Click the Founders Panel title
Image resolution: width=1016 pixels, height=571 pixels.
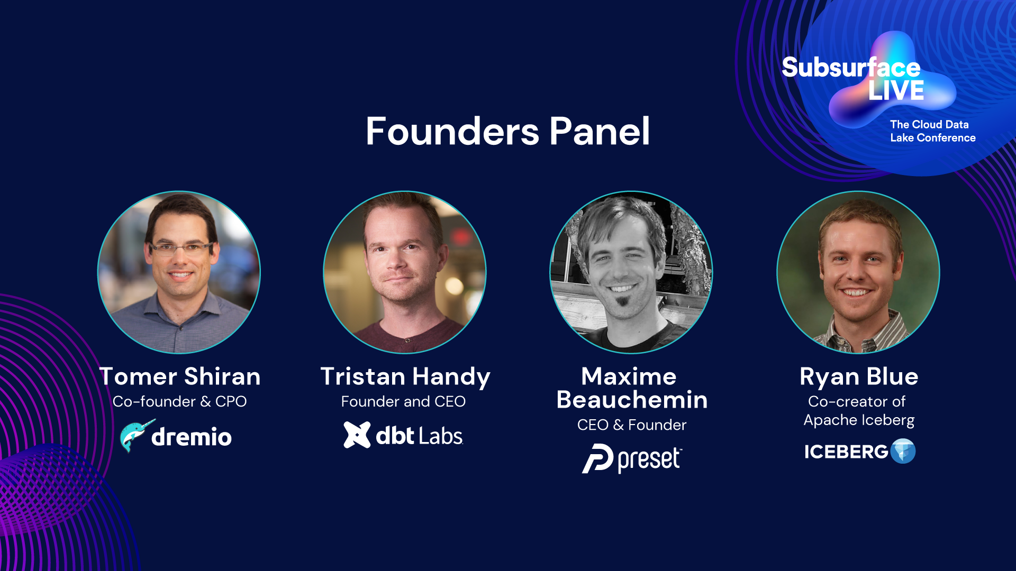click(507, 131)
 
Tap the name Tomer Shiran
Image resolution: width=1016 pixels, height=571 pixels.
click(180, 376)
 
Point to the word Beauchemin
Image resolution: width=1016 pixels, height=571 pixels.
click(632, 400)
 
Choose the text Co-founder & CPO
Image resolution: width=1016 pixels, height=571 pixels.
click(180, 401)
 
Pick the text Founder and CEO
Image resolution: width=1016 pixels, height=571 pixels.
click(403, 401)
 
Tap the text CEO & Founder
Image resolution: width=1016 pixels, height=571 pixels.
click(632, 425)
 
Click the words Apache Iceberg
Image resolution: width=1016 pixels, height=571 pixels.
click(859, 420)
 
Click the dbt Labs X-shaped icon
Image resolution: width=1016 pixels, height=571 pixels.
click(357, 435)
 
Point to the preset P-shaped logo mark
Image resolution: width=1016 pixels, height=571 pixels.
click(598, 458)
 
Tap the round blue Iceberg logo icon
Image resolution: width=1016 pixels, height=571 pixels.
click(903, 451)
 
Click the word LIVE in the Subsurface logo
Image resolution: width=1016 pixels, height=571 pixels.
click(896, 90)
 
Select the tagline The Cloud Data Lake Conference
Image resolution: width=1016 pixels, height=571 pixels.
click(933, 131)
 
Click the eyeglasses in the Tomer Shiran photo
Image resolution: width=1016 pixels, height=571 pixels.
click(181, 247)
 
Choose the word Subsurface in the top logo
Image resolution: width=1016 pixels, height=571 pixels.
click(851, 68)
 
